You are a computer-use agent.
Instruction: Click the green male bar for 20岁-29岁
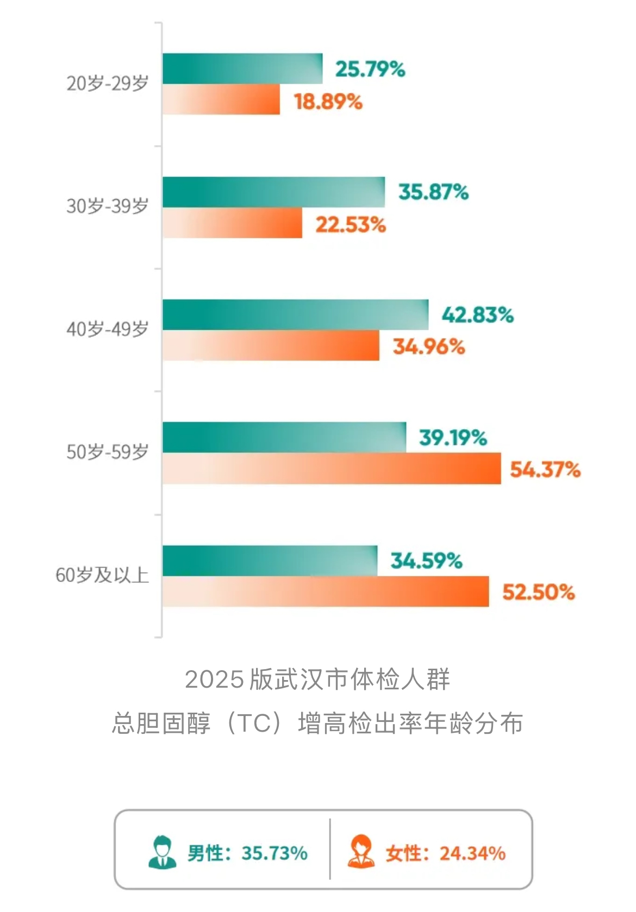pos(242,68)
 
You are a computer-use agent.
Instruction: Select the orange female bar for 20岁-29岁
pos(221,99)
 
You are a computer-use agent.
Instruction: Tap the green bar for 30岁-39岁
pos(273,192)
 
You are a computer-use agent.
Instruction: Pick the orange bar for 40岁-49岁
pos(271,345)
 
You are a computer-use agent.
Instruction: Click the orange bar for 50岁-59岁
pos(332,468)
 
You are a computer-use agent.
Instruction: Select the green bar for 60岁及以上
pos(270,561)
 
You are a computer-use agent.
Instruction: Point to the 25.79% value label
pos(370,70)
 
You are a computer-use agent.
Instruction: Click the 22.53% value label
pos(351,224)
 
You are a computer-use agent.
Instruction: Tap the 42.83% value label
pos(477,315)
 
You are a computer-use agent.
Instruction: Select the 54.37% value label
pos(545,469)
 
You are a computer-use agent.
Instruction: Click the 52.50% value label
pos(538,592)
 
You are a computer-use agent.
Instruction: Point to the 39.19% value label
pos(453,438)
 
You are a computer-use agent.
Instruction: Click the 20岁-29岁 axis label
pos(108,84)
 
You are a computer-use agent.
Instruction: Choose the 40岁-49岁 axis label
pos(108,329)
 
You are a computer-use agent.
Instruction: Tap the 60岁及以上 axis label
pos(102,575)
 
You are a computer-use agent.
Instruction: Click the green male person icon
pos(162,852)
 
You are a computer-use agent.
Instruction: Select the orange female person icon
pos(360,852)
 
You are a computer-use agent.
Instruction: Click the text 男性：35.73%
pos(247,853)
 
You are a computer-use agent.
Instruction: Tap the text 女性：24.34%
pos(446,853)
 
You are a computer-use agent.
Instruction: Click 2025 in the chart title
pos(214,680)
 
